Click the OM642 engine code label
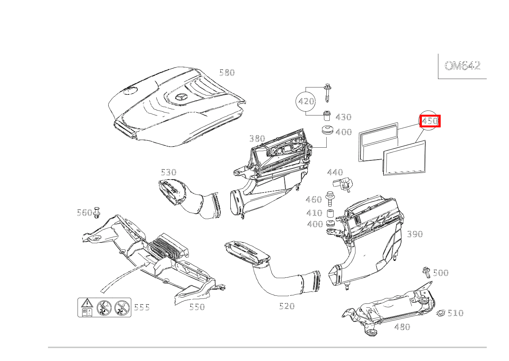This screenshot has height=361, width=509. pos(463,66)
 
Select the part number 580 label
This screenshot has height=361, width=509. pos(227,73)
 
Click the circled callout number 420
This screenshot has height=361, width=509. pos(306,101)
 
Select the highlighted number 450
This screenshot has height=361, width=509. pos(430,121)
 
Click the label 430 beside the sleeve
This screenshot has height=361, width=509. pos(343,117)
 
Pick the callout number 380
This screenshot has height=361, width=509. pos(257,138)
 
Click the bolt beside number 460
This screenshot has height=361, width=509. pos(329,199)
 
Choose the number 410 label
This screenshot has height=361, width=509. pos(314,213)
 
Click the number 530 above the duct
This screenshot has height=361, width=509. pos(169,172)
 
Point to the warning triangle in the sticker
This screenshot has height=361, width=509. pos(87,303)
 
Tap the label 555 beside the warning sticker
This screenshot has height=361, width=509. pos(142,307)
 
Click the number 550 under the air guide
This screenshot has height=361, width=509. pos(197,307)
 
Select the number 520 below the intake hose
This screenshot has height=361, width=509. pos(287,306)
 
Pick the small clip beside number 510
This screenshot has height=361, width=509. pos(441,313)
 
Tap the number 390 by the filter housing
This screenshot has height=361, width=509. pos(415,234)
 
